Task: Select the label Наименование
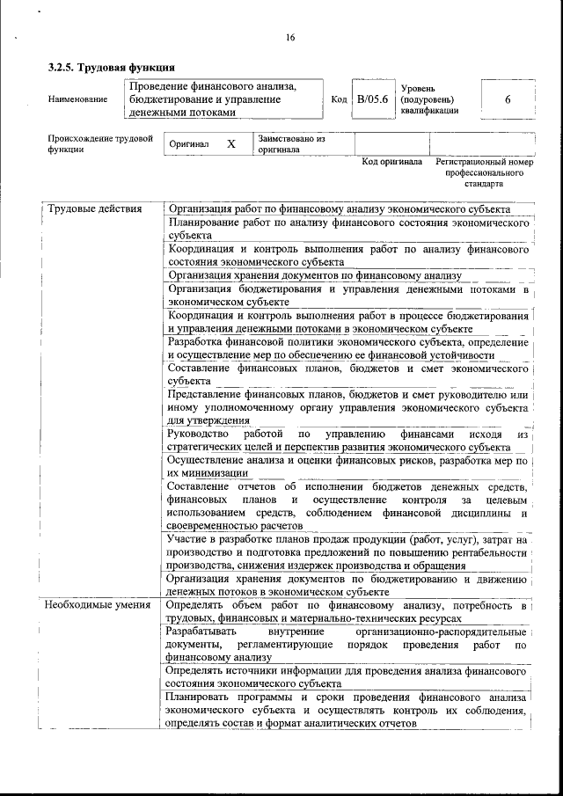[78, 99]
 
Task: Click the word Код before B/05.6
[339, 99]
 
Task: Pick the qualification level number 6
[507, 99]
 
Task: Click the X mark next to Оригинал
[230, 143]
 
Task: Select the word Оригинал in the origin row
[188, 144]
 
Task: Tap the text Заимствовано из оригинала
[291, 144]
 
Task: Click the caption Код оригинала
[392, 163]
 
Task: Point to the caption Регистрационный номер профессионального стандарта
[485, 173]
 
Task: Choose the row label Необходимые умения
[98, 605]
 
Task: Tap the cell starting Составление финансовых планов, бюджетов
[347, 375]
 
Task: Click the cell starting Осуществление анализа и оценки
[347, 465]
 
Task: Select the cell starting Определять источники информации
[347, 676]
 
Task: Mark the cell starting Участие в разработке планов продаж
[347, 551]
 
